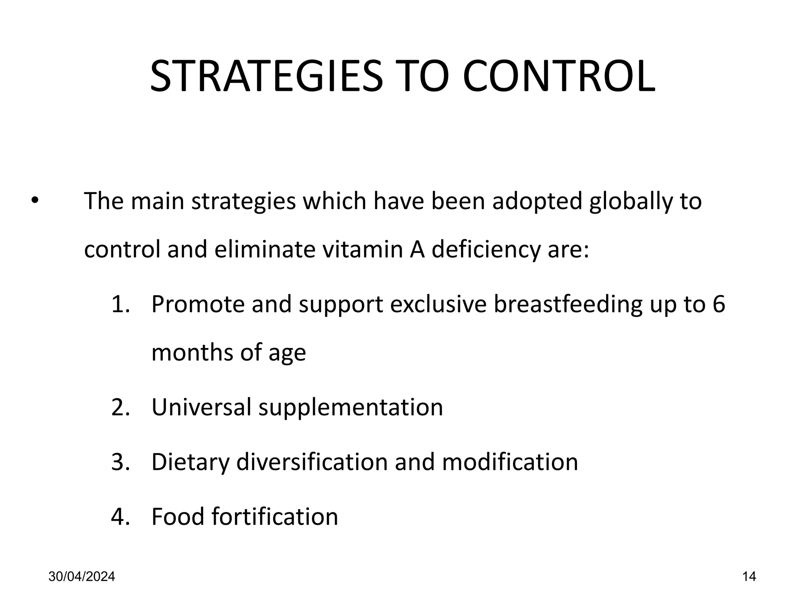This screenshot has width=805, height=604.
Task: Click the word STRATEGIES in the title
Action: pos(266,76)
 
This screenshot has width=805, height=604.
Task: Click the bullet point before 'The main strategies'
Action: pos(35,201)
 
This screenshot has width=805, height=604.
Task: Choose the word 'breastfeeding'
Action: pos(568,304)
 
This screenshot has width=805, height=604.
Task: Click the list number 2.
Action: pos(119,407)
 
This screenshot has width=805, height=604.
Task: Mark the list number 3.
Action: pos(119,462)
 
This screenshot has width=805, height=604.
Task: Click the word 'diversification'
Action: pos(312,462)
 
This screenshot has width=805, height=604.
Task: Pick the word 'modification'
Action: pos(510,462)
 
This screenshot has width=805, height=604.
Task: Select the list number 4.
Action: pos(119,516)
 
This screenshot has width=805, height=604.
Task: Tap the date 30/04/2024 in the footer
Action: pos(82,577)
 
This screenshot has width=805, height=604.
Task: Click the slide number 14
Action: pos(749,577)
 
